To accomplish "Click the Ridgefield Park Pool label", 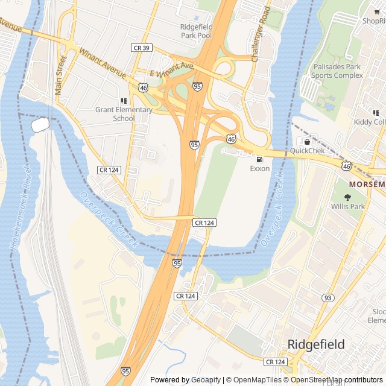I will (x=196, y=31).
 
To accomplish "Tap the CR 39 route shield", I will (x=141, y=46).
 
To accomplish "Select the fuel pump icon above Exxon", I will (x=259, y=159).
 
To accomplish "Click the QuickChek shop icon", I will (x=307, y=142).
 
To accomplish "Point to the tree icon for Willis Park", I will (x=347, y=197).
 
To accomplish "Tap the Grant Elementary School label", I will (x=124, y=114).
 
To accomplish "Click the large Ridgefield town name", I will (x=316, y=344).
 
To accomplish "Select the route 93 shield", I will (x=327, y=298).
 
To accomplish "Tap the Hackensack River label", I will (x=19, y=208).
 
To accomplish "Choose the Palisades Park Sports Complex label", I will (x=337, y=71).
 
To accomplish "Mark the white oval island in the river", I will (x=40, y=125).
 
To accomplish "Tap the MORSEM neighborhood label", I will (x=367, y=183).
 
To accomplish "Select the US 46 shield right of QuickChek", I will (x=346, y=165).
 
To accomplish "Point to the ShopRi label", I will (x=373, y=21).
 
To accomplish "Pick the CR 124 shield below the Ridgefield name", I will (x=274, y=361).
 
